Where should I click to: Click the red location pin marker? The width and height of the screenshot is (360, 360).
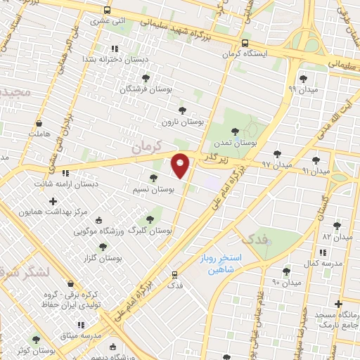181,165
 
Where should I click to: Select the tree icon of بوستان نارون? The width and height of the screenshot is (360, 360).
183,110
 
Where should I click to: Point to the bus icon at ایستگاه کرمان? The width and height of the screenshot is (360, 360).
244,42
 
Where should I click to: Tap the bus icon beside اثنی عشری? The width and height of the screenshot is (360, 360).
107,11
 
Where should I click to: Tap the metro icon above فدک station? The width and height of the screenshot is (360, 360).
174,274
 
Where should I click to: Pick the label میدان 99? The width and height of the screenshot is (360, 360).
303,89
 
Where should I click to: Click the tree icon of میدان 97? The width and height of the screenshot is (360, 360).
278,153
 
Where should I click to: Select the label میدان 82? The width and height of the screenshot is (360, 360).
336,236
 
